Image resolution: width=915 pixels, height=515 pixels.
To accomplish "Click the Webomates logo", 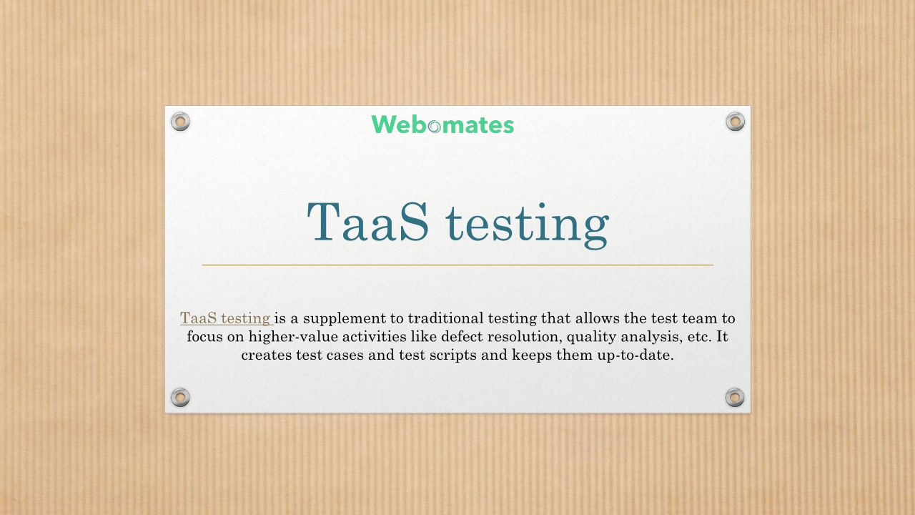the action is coord(442,124).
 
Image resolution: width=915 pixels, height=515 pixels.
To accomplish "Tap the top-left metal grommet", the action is coord(180,122).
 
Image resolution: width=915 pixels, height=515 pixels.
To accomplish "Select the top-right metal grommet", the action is coord(736,122).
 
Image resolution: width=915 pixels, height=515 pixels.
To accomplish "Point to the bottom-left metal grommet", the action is coord(180,397).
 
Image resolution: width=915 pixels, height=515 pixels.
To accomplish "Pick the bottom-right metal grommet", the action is coord(735,397).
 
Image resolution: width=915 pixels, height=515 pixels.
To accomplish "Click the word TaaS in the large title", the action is coord(367,222).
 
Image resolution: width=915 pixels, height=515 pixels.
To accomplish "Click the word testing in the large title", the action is coord(528,225).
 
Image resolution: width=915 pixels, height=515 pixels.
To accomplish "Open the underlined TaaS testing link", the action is coord(226,318).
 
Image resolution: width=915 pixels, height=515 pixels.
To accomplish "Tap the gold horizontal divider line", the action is coord(457,265).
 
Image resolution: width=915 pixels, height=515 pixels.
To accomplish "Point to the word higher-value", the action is coord(293,337).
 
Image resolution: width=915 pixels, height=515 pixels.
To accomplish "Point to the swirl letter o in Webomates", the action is coord(434,127).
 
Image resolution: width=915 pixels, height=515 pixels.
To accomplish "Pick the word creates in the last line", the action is coord(267,355).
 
